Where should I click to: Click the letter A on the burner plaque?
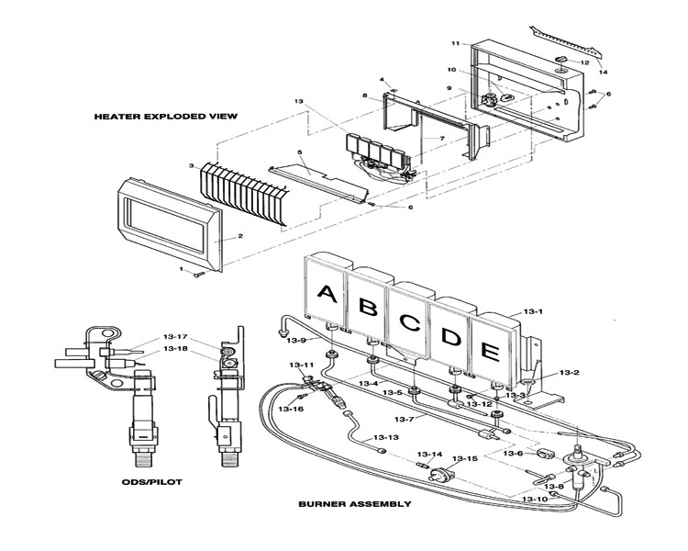327,294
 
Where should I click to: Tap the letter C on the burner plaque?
410,323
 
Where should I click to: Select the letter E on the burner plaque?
490,352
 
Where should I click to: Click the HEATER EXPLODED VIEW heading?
166,117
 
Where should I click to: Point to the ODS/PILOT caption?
151,482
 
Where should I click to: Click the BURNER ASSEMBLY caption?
355,504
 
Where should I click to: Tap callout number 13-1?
533,311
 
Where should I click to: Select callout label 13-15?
465,459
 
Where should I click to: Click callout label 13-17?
175,337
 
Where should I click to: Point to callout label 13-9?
295,340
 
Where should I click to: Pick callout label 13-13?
386,438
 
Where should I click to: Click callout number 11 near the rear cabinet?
455,43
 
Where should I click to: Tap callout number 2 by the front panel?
240,236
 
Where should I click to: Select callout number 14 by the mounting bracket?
604,72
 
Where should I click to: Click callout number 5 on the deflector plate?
300,152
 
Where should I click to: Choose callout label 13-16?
291,409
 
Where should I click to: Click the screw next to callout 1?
199,275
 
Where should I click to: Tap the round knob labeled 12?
562,60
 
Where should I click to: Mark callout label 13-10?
535,500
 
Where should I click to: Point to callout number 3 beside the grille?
192,165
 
